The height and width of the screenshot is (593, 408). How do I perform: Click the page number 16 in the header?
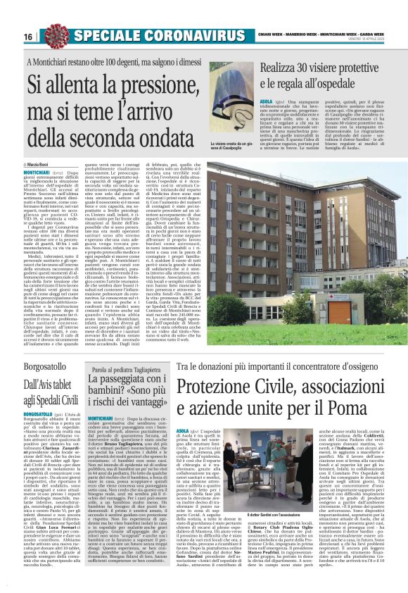point(28,36)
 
